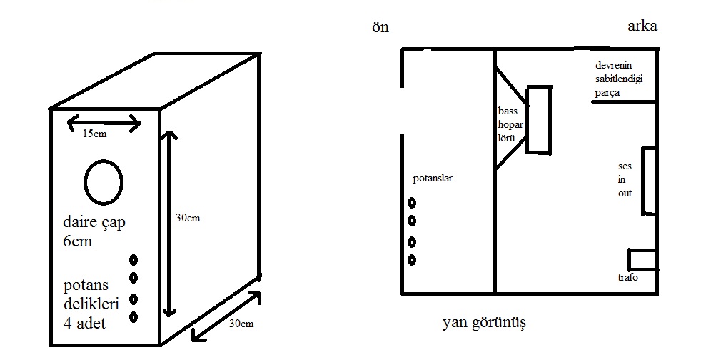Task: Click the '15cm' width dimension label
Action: [x=95, y=133]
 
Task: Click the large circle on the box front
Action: [x=104, y=181]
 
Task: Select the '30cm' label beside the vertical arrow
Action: [x=188, y=218]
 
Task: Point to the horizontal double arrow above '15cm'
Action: [x=104, y=123]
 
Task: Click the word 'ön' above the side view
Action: [x=380, y=28]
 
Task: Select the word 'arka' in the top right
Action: [x=642, y=26]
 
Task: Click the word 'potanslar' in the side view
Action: [x=433, y=178]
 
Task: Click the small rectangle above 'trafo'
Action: [x=642, y=259]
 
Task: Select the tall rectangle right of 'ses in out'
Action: [x=648, y=181]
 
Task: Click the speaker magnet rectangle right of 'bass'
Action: [x=539, y=119]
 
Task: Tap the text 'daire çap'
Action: [x=94, y=223]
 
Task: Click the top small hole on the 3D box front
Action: [x=133, y=260]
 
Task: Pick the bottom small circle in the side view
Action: [x=412, y=259]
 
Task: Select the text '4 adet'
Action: [x=84, y=323]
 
